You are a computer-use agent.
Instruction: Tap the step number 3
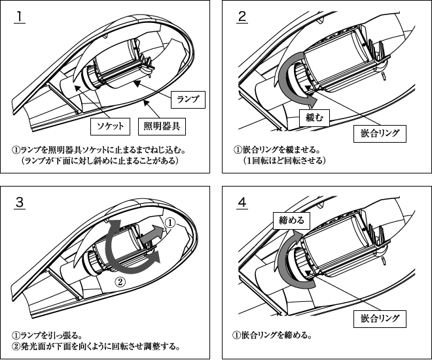[20, 202]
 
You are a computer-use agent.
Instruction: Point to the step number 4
[242, 202]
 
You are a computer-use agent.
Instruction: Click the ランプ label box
[188, 99]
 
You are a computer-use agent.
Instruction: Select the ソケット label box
[108, 125]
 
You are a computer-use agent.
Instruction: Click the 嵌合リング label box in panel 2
[380, 134]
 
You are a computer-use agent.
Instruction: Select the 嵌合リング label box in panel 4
[380, 319]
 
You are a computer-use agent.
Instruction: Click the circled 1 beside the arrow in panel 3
[170, 223]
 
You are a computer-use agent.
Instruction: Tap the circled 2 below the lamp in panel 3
[120, 282]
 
